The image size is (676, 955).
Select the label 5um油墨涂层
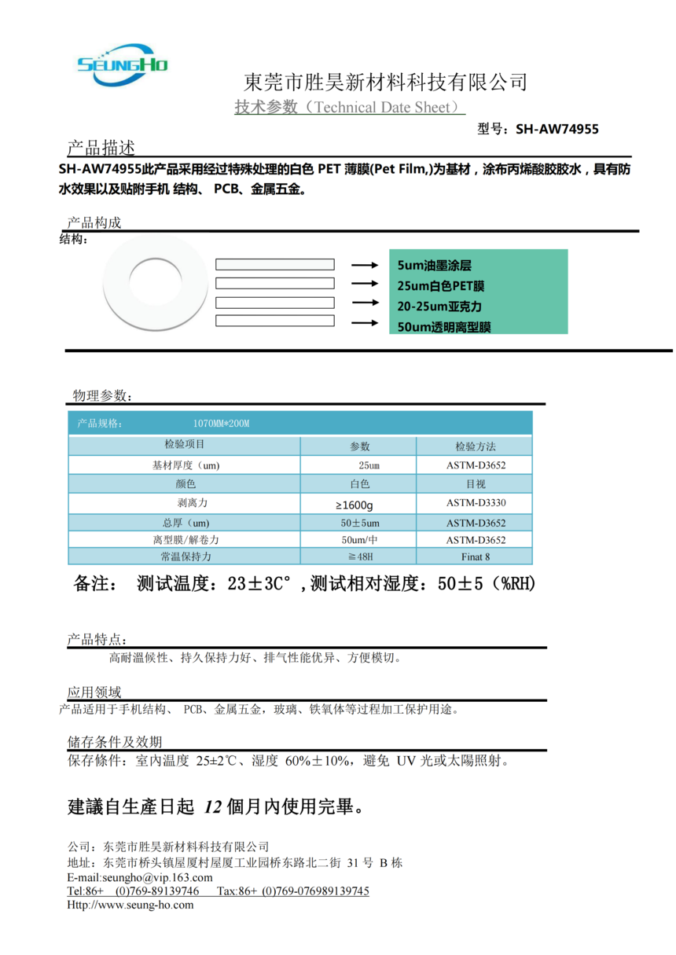[435, 266]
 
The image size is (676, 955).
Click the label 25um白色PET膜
[441, 286]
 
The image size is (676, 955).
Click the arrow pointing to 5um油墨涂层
[365, 266]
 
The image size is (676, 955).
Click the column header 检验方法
[476, 446]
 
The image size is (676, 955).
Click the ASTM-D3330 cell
[476, 503]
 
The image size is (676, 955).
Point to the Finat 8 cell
[476, 556]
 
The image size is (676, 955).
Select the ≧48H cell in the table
[358, 556]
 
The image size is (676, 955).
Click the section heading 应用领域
[94, 692]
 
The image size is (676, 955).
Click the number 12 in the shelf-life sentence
[213, 806]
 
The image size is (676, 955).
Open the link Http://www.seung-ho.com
[130, 905]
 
